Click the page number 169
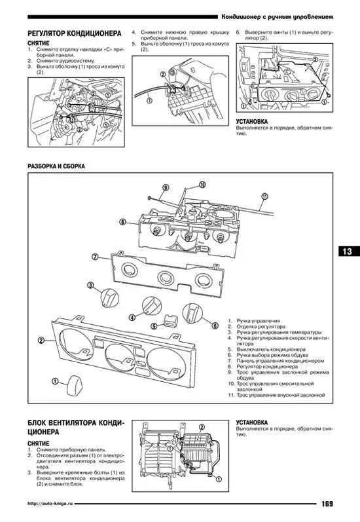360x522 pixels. (327, 504)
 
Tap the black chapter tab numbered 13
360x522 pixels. (349, 251)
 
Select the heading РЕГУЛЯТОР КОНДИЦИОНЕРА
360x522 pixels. (75, 33)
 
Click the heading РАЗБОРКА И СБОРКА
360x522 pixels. (56, 166)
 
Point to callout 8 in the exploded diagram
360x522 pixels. (123, 221)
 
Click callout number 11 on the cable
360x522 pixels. (264, 196)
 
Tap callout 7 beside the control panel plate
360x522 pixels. (95, 257)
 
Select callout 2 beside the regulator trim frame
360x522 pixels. (41, 340)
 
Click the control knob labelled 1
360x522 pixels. (73, 386)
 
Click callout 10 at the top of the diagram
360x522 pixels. (202, 185)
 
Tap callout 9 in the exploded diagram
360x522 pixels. (166, 188)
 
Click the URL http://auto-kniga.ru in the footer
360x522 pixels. (50, 504)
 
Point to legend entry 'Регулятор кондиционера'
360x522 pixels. (263, 367)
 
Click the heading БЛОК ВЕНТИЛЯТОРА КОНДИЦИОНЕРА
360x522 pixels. (76, 427)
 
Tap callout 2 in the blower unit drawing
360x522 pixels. (202, 428)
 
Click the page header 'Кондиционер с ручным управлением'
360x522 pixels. (277, 16)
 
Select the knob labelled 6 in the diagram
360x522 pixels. (192, 313)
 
